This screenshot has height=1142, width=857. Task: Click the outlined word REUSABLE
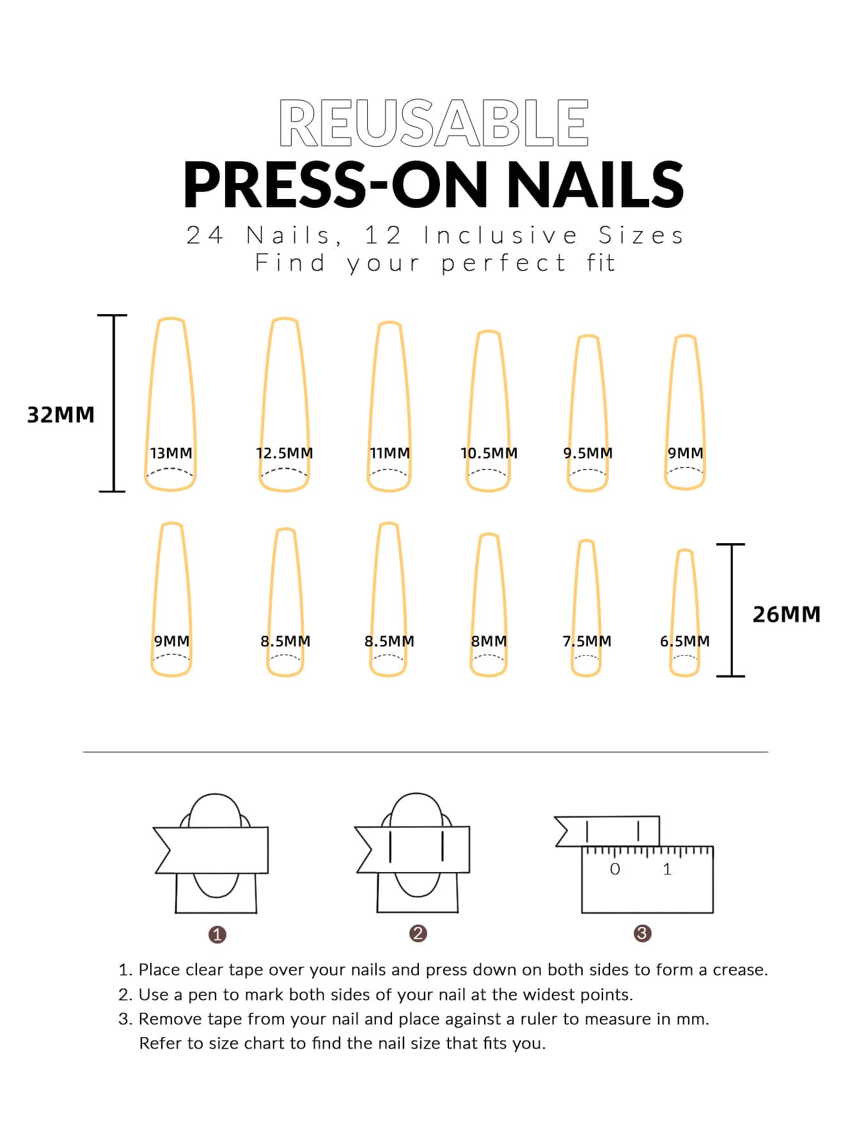pyautogui.click(x=434, y=123)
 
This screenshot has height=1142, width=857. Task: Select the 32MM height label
pyautogui.click(x=61, y=415)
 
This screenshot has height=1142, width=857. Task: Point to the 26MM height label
pyautogui.click(x=786, y=614)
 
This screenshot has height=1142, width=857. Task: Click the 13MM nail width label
pyautogui.click(x=171, y=453)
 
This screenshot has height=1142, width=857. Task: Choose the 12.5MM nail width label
pyautogui.click(x=285, y=453)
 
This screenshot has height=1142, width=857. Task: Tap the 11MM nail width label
pyautogui.click(x=389, y=453)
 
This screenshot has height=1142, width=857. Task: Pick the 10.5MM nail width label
pyautogui.click(x=489, y=453)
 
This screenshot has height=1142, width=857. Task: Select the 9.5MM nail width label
pyautogui.click(x=588, y=453)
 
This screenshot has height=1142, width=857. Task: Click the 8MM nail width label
pyautogui.click(x=489, y=641)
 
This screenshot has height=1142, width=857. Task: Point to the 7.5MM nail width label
pyautogui.click(x=587, y=641)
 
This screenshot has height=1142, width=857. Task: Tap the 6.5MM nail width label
pyautogui.click(x=685, y=641)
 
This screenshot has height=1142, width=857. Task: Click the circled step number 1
pyautogui.click(x=217, y=935)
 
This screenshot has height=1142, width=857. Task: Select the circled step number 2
pyautogui.click(x=418, y=933)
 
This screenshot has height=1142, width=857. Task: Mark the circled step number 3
pyautogui.click(x=642, y=933)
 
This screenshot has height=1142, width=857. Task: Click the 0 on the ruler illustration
pyautogui.click(x=615, y=869)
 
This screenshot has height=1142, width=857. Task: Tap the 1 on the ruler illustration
pyautogui.click(x=667, y=869)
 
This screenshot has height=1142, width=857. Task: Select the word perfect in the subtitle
pyautogui.click(x=503, y=263)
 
